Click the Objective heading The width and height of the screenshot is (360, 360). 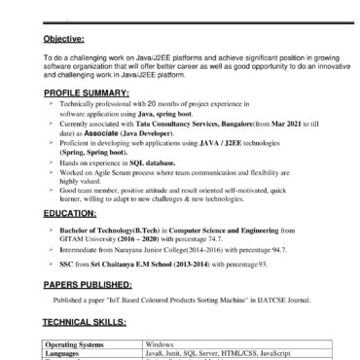click(65, 40)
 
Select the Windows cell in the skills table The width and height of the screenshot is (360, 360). click(162, 344)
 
